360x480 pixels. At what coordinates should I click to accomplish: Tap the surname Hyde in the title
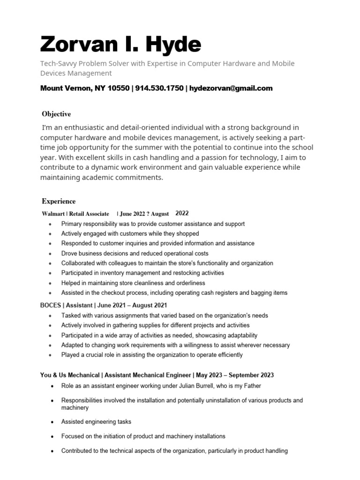[x=175, y=45]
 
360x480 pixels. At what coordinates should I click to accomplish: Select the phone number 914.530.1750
[x=159, y=88]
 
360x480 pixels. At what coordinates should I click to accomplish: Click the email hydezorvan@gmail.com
[x=231, y=88]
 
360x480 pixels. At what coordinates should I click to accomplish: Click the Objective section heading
[x=56, y=114]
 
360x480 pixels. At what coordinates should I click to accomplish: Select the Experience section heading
[x=59, y=202]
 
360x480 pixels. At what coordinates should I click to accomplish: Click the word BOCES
[x=51, y=305]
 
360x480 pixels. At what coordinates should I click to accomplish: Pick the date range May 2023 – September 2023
[x=235, y=375]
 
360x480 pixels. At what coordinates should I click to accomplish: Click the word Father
[x=251, y=386]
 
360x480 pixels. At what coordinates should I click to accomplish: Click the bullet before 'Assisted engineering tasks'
[x=51, y=422]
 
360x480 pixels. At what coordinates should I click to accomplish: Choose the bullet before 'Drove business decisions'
[x=51, y=254]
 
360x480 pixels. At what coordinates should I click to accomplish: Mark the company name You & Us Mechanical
[x=70, y=375]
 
